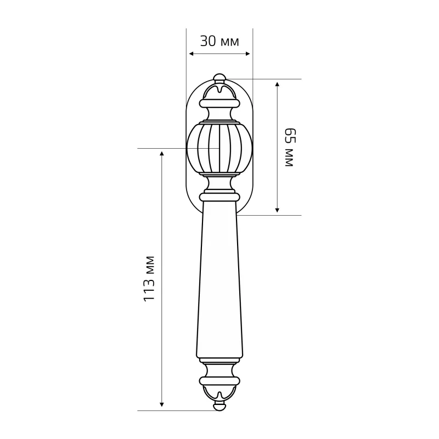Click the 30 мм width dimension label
coord(219,42)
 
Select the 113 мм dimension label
coord(149,279)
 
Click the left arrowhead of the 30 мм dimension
coord(192,54)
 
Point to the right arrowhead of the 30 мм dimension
coord(247,54)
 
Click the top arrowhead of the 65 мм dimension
coord(277,85)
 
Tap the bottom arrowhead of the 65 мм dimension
coord(277,210)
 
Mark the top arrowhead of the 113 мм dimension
coord(161,154)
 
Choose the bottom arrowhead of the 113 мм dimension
coord(161,404)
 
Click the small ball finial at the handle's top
coord(219,78)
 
